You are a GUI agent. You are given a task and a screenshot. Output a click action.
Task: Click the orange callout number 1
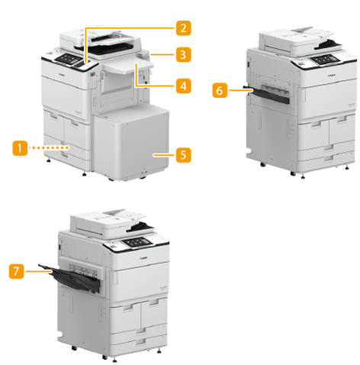pyautogui.click(x=20, y=148)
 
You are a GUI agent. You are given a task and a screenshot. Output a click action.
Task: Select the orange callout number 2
pyautogui.click(x=183, y=27)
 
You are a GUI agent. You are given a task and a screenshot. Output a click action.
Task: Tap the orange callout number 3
pyautogui.click(x=183, y=54)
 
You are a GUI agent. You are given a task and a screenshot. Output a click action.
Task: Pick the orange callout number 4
pyautogui.click(x=183, y=86)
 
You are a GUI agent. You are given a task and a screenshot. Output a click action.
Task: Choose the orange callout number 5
pyautogui.click(x=183, y=155)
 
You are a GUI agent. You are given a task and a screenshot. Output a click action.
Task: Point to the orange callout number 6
pyautogui.click(x=220, y=90)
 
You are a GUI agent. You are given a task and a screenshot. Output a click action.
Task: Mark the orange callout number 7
pyautogui.click(x=17, y=271)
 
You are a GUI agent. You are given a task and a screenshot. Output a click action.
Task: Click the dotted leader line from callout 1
pyautogui.click(x=49, y=147)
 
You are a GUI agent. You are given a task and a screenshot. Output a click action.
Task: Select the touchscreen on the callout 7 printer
pyautogui.click(x=137, y=242)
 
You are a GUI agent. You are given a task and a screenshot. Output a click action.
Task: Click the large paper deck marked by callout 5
pyautogui.click(x=131, y=143)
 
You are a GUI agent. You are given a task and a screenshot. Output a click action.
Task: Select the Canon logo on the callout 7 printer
pyautogui.click(x=143, y=258)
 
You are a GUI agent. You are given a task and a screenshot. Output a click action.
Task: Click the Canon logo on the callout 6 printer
pyautogui.click(x=332, y=76)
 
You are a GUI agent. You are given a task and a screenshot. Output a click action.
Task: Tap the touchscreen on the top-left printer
pyautogui.click(x=66, y=59)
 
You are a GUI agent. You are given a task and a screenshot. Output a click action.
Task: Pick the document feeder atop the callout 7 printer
pyautogui.click(x=112, y=223)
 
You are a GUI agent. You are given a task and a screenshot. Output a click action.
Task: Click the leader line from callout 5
pyautogui.click(x=164, y=155)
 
